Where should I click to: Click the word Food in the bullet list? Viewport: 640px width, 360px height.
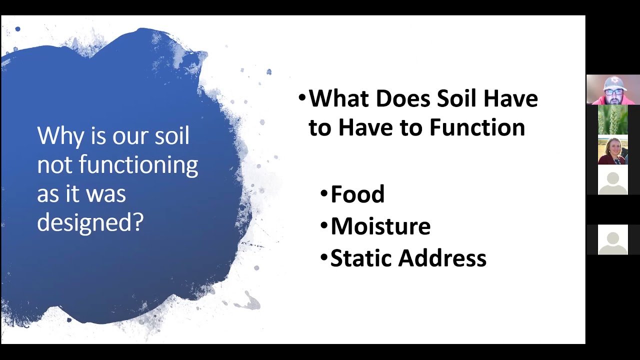click(x=357, y=194)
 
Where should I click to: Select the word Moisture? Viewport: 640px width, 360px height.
click(x=380, y=226)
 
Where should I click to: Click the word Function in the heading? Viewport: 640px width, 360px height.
click(x=477, y=127)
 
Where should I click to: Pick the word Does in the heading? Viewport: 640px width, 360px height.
click(x=403, y=98)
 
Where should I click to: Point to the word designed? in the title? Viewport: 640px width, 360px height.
click(x=90, y=222)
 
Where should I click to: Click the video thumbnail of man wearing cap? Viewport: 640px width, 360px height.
click(x=613, y=89)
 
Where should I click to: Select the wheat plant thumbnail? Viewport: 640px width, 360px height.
click(x=613, y=120)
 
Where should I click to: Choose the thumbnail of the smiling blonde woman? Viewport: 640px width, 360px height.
click(x=613, y=150)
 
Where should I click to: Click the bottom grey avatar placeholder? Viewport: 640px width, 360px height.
click(x=613, y=240)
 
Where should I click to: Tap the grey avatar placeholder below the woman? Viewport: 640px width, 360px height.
click(x=613, y=180)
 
